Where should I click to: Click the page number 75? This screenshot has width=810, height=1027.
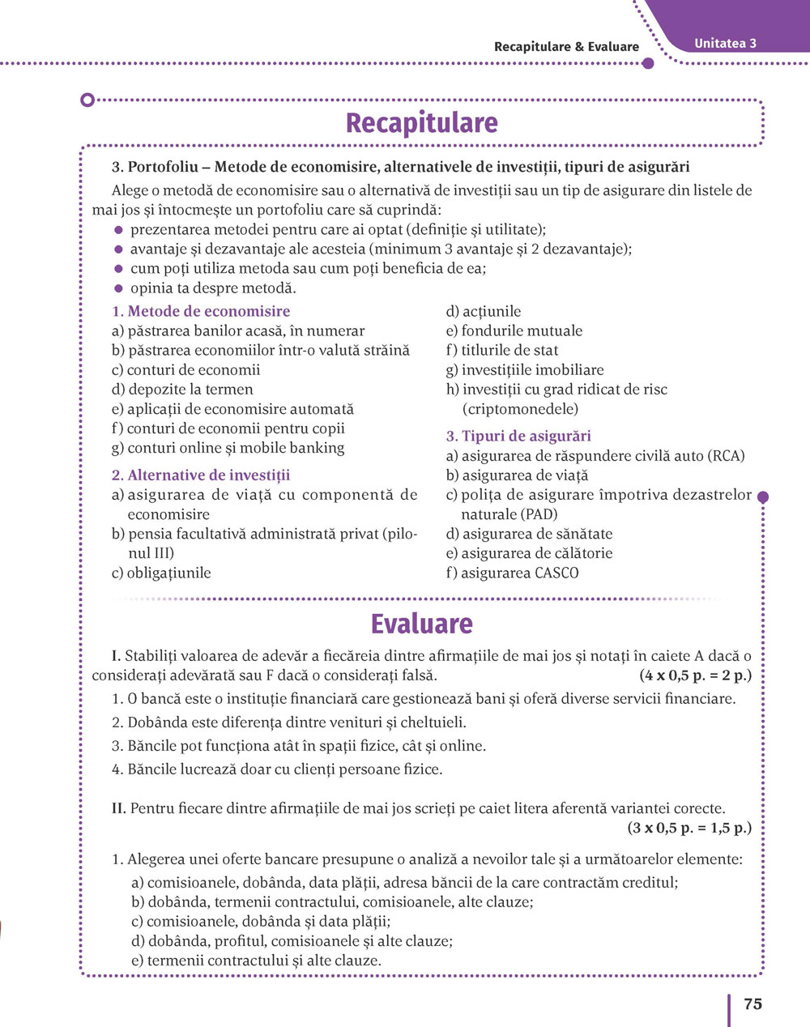click(x=752, y=1004)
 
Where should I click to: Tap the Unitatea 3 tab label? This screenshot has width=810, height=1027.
click(x=725, y=44)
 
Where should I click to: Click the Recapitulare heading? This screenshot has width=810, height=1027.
click(x=421, y=123)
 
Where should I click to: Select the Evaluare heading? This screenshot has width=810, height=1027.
click(x=421, y=624)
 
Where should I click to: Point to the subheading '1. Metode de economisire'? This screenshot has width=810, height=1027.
click(x=201, y=311)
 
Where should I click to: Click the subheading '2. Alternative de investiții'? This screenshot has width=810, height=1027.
click(x=201, y=475)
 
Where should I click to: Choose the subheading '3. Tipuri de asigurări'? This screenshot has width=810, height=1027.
click(x=518, y=436)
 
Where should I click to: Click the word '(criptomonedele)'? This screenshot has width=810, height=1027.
click(x=520, y=409)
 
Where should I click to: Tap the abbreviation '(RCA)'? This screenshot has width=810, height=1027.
click(x=726, y=456)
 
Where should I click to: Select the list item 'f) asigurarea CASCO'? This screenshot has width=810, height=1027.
click(x=513, y=573)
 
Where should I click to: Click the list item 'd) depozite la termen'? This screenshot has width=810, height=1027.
click(x=182, y=390)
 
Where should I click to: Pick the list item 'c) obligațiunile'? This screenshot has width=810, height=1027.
click(x=161, y=573)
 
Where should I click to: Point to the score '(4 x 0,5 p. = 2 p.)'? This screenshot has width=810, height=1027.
click(x=695, y=675)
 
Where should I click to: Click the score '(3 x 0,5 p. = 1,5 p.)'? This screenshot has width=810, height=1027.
click(x=689, y=828)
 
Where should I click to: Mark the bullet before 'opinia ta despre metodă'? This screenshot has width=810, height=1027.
click(x=118, y=288)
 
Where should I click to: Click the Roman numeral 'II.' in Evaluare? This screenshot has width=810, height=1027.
click(x=118, y=808)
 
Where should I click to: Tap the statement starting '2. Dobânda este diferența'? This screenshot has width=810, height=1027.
click(x=289, y=722)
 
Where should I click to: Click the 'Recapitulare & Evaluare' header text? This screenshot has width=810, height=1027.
click(x=566, y=47)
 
